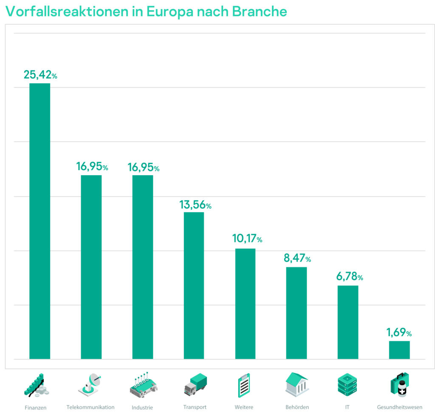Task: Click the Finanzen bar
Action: coord(40,221)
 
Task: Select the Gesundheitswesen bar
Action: coord(399,350)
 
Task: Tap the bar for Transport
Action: coord(194,285)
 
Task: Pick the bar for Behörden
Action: coord(297,313)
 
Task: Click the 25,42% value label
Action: coord(40,75)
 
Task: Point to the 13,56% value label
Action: coord(195,205)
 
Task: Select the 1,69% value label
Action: coord(399,332)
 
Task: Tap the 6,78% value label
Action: coord(348,277)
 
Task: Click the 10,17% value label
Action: coord(247,239)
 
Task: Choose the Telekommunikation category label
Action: coord(90,407)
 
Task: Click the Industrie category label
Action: coord(142,407)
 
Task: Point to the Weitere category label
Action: coord(244,407)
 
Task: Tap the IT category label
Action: coord(347,407)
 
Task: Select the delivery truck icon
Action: coord(195,384)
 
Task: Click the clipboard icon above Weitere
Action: coord(244,385)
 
